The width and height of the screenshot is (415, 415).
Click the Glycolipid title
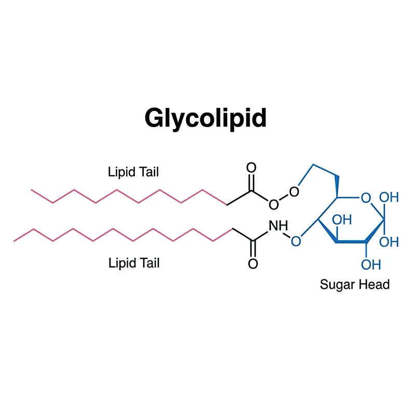[205, 118]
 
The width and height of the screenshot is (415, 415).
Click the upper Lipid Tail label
[133, 172]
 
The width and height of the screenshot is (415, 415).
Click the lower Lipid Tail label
[134, 263]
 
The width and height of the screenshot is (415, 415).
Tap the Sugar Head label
[355, 284]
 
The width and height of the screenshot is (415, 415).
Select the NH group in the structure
[278, 226]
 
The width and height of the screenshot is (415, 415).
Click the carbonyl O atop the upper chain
[251, 168]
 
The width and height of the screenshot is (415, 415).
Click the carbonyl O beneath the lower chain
[253, 264]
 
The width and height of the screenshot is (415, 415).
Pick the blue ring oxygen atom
[366, 198]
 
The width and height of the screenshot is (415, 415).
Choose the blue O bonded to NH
[296, 241]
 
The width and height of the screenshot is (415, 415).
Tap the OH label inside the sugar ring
[342, 220]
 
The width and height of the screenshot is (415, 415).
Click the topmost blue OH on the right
[389, 198]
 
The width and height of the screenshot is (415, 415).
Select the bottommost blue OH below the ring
[371, 265]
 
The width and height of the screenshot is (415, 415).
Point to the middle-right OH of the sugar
[389, 242]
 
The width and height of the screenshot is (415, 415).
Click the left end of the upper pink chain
[31, 190]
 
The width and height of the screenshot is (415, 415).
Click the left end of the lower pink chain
[14, 241]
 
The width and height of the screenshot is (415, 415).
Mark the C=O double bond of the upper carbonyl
[251, 182]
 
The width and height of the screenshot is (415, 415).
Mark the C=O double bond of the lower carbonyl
[253, 249]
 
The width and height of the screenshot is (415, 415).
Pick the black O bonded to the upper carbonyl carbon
[274, 204]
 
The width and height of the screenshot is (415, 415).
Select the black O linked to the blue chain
[294, 191]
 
